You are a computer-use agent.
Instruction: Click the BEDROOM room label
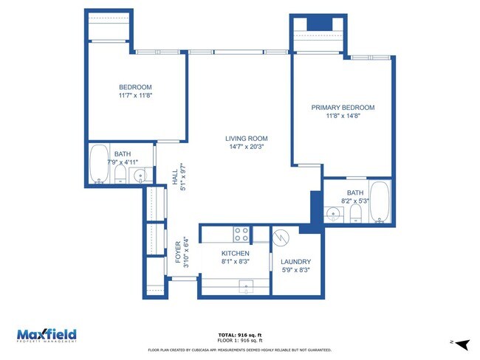point(135,86)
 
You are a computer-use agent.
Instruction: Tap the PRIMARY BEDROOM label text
point(343,108)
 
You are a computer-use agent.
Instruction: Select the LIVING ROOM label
point(246,139)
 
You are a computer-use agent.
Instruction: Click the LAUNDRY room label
point(295,262)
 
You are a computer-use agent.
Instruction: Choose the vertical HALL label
point(175,177)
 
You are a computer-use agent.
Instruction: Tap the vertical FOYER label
point(178,252)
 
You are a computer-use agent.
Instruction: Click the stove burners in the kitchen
point(241,235)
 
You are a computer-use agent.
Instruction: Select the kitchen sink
point(244,285)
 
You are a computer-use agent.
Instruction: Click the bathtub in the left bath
point(99,165)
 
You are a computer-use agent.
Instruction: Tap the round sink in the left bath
point(139,176)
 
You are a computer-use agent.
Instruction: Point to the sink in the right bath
point(334,214)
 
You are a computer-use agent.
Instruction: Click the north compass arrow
point(462,344)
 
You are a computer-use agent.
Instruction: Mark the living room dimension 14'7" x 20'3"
point(246,147)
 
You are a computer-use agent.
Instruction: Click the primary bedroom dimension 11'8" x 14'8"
point(343,116)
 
